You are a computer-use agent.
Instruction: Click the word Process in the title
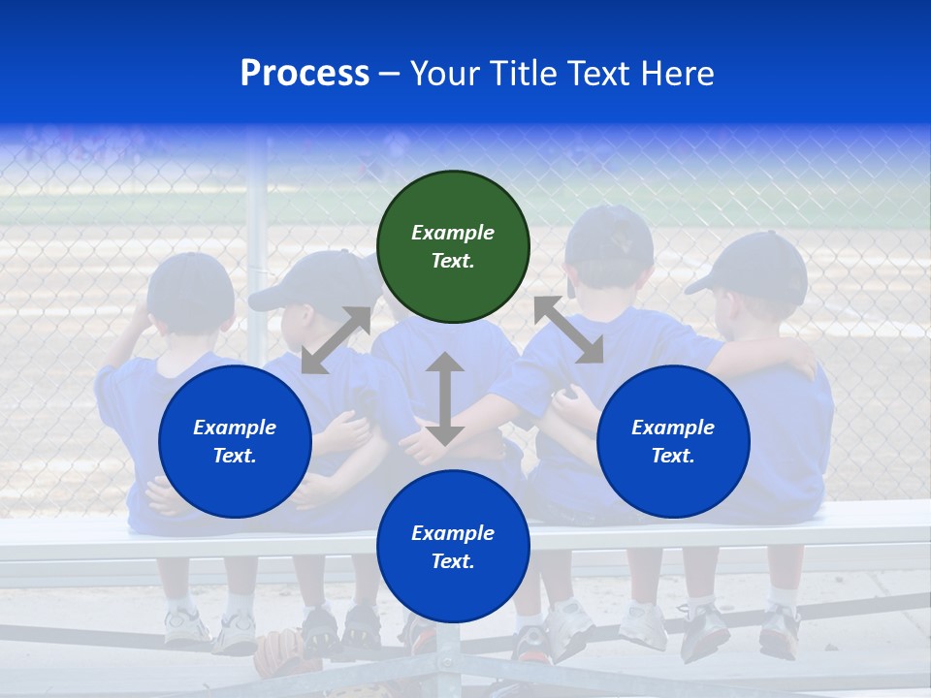[x=305, y=74]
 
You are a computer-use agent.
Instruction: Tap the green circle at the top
[x=453, y=246]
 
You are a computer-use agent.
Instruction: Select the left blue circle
[x=235, y=441]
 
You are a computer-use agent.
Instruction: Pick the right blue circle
[x=673, y=441]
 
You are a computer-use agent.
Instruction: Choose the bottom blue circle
[x=453, y=547]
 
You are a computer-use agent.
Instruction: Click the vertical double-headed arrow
[x=444, y=398]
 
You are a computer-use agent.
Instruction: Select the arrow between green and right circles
[x=569, y=330]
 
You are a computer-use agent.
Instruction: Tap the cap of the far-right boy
[x=756, y=267]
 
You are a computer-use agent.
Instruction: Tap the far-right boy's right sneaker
[x=779, y=631]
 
